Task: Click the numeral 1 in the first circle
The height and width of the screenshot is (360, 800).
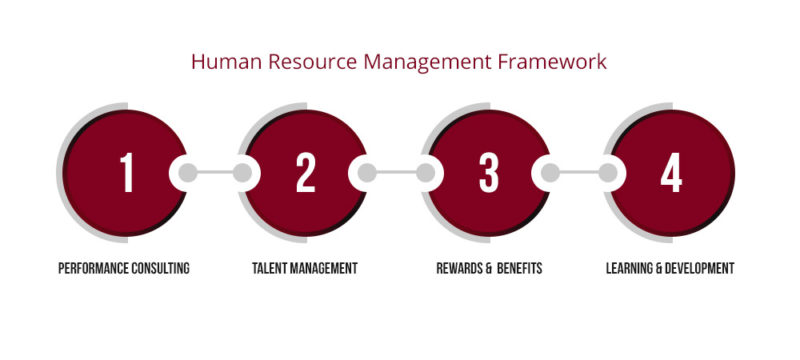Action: pos(126,173)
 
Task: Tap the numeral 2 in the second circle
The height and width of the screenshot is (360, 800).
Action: pos(306,173)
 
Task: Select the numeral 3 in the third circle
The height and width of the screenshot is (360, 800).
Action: pos(489,173)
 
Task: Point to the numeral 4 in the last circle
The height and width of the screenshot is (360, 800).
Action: pos(671,173)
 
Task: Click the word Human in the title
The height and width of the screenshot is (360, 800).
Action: pos(226,62)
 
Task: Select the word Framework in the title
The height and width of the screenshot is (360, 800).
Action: pos(552,62)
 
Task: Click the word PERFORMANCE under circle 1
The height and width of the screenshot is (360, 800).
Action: pos(93,268)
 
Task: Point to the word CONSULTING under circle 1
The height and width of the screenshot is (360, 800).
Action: pos(160,268)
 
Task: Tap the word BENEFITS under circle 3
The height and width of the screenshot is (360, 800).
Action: pos(519,268)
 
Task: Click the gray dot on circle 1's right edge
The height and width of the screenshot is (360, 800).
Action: pos(187,173)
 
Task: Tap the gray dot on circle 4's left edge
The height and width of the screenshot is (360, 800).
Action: pos(608,173)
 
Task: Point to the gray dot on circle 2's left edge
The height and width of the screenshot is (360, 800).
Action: pos(242,173)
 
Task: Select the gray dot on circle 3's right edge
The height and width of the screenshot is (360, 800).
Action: pos(550,173)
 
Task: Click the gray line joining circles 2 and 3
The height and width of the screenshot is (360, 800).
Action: pos(396,173)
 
